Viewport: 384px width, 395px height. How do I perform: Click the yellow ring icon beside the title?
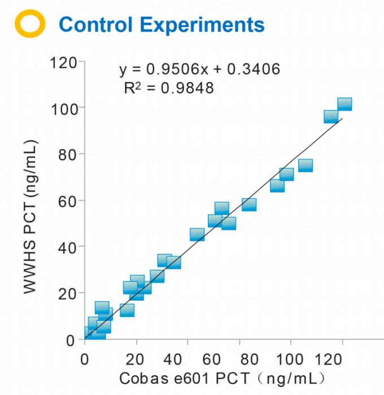[29, 24]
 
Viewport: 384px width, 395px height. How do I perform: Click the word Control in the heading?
[94, 24]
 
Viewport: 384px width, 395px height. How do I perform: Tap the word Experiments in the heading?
[200, 24]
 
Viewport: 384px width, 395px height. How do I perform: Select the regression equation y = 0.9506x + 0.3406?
[199, 70]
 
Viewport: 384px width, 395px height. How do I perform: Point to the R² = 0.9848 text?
[169, 88]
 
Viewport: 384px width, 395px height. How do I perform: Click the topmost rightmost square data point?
[344, 104]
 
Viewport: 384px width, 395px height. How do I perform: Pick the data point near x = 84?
[249, 205]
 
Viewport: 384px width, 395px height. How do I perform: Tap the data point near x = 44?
[197, 235]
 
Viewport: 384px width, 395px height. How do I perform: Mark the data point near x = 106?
[306, 166]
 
